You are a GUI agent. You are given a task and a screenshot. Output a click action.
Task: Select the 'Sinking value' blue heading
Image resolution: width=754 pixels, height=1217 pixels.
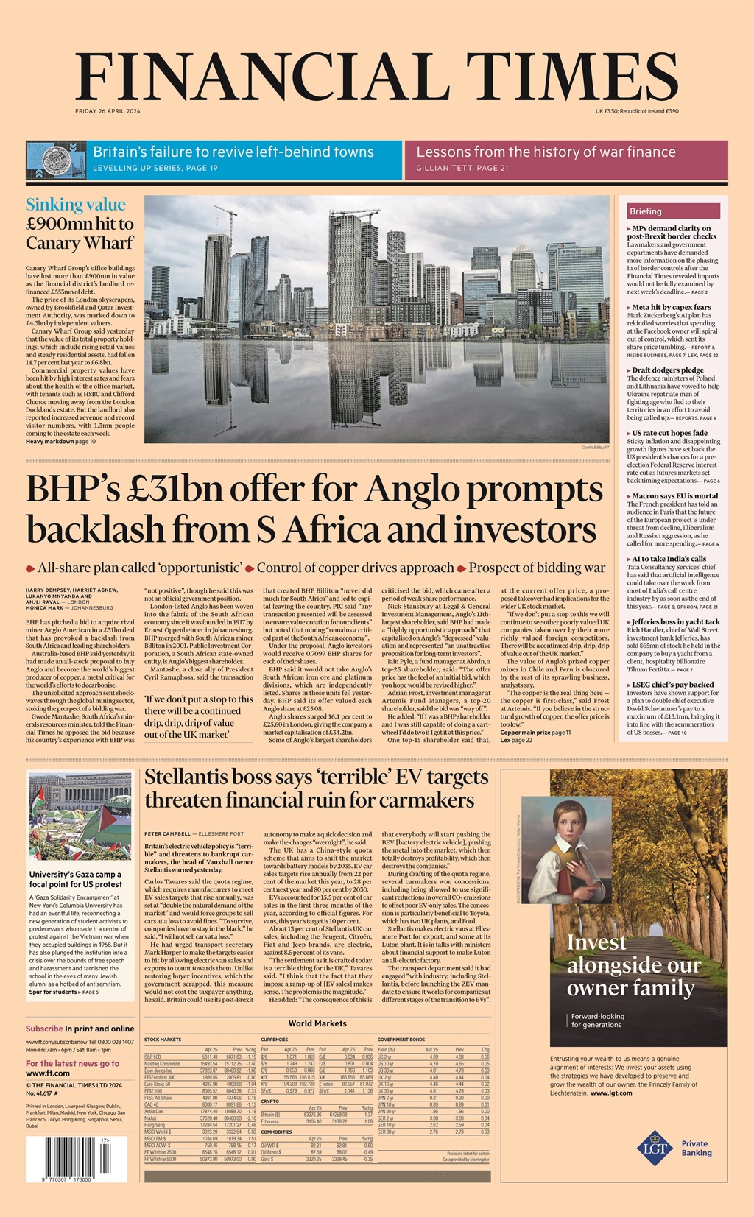tap(75, 205)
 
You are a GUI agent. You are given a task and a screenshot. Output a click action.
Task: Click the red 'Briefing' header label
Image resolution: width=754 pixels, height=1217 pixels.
tap(646, 211)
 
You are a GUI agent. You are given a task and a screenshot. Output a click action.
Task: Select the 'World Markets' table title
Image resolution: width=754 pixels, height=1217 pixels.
tap(317, 1023)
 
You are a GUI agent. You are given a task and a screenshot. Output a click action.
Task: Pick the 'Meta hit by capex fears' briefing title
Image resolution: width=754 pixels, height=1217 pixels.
tap(671, 307)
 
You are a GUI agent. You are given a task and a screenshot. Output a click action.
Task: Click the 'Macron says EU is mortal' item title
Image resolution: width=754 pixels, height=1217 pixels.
tap(674, 495)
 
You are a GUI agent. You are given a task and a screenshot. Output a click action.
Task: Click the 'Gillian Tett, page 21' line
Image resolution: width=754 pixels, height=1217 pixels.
tap(462, 169)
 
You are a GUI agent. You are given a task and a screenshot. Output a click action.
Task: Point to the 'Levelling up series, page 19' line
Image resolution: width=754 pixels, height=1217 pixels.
tap(155, 169)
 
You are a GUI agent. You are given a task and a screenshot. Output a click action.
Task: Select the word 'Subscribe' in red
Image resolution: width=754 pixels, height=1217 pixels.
tap(44, 1029)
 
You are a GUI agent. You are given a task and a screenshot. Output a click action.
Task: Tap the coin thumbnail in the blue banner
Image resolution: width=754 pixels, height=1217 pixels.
tap(56, 158)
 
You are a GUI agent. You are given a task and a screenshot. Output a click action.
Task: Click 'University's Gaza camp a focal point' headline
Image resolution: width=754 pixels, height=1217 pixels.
tap(75, 879)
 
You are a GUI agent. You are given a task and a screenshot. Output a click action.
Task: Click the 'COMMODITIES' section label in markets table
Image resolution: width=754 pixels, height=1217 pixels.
tap(276, 1132)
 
